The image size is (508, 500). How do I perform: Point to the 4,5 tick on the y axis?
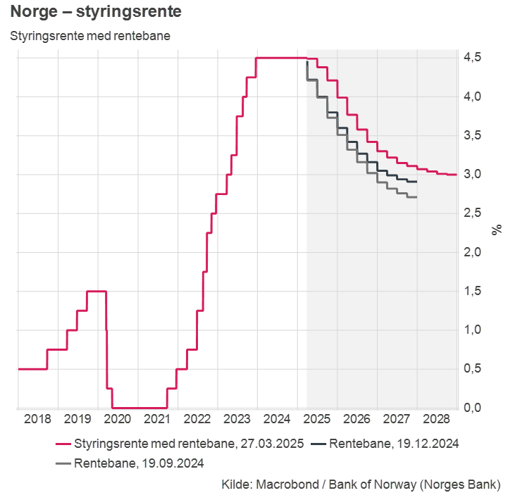473,57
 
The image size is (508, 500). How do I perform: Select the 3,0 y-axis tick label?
473,174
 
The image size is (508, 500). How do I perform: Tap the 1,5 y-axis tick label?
473,291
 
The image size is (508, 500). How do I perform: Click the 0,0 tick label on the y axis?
473,408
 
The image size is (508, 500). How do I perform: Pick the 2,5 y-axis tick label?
473,213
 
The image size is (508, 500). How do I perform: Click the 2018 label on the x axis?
37,419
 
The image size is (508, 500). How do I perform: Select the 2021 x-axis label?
157,419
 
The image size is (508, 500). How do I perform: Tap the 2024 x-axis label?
277,419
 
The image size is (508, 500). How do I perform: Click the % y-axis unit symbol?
497,229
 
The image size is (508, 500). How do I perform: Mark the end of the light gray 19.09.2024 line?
416,197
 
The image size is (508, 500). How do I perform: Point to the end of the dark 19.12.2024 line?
416,182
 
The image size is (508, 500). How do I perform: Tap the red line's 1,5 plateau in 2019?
96,291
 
